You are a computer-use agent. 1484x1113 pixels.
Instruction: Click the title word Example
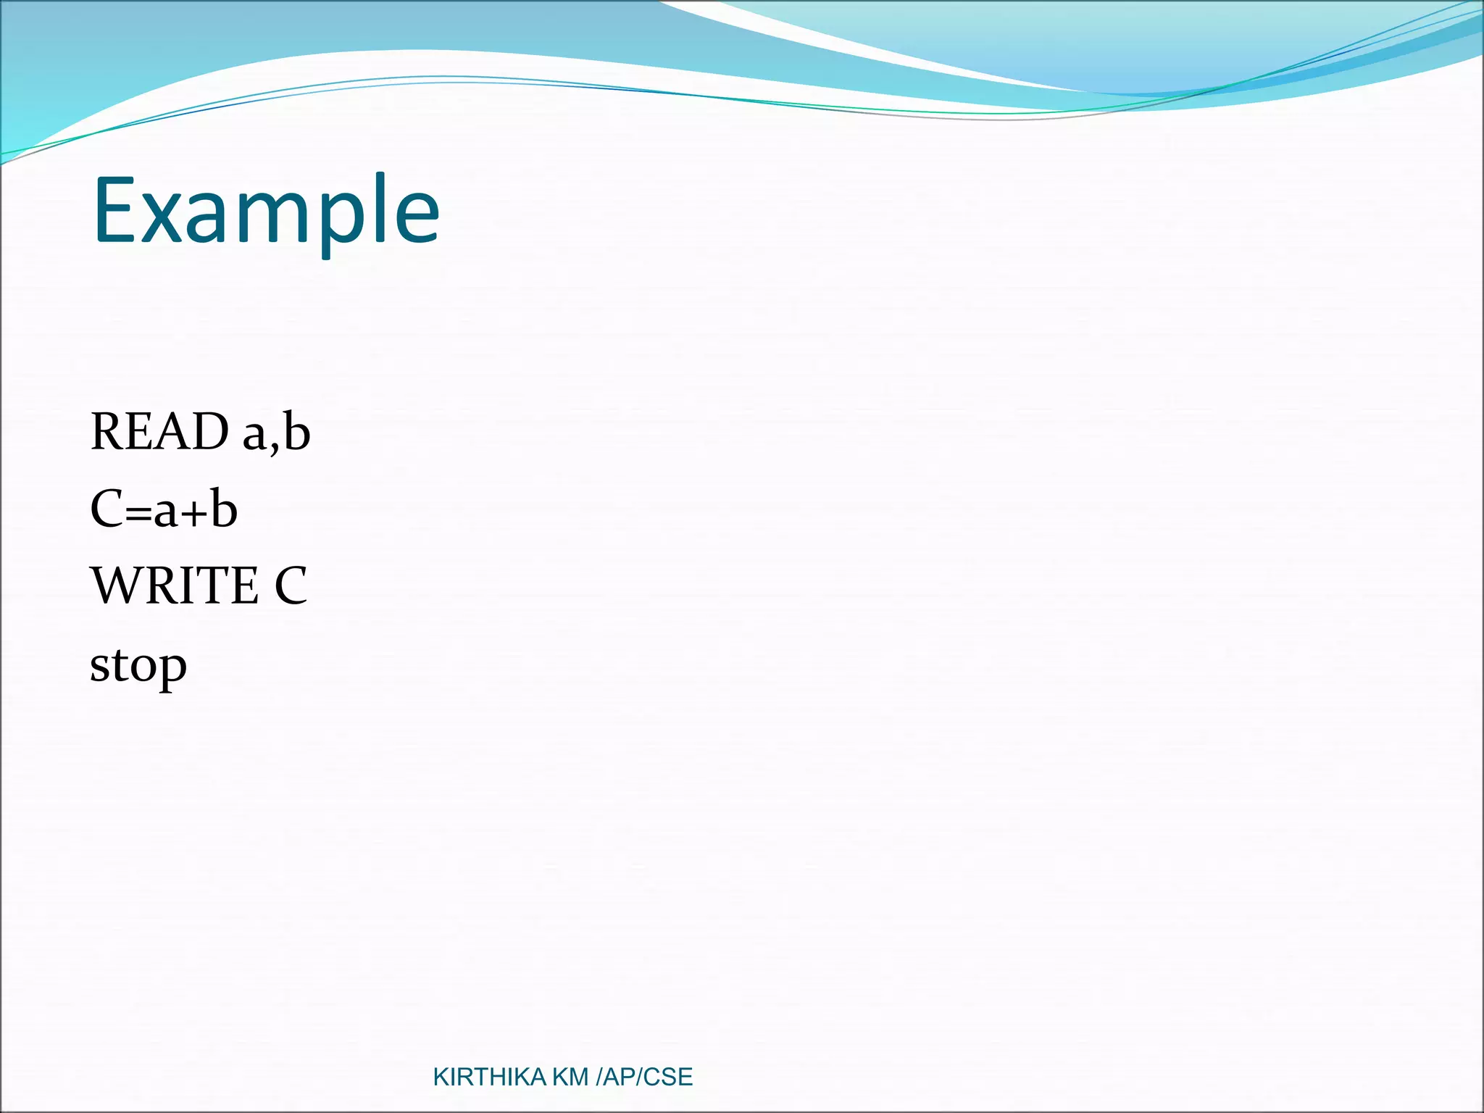(x=266, y=212)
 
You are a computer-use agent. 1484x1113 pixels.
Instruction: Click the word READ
(x=159, y=432)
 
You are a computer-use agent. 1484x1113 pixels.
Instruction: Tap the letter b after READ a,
(x=296, y=432)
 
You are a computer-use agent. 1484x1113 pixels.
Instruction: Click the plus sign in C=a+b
(x=193, y=512)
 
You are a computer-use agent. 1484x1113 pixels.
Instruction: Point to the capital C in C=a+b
(x=107, y=509)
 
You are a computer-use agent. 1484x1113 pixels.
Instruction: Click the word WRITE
(x=174, y=585)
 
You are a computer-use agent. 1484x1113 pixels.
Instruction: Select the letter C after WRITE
(x=291, y=585)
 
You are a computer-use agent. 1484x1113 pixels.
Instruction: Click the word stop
(x=138, y=666)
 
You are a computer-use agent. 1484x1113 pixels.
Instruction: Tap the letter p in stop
(x=174, y=670)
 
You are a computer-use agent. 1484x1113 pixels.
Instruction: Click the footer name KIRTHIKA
(x=489, y=1077)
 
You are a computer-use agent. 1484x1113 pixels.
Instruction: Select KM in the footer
(x=570, y=1077)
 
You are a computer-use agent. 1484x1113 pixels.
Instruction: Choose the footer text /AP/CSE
(x=643, y=1077)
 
